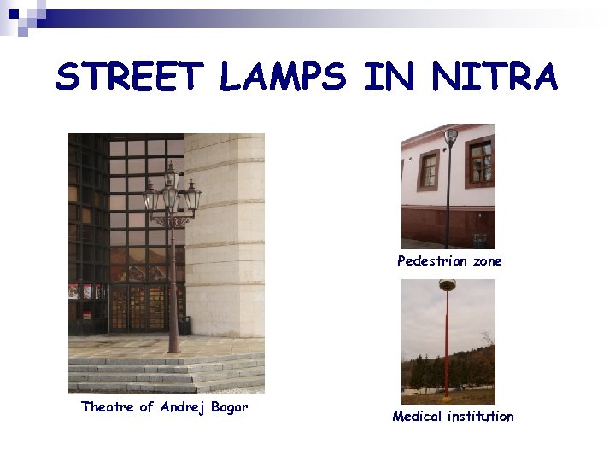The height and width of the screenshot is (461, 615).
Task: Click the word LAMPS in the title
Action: tap(283, 78)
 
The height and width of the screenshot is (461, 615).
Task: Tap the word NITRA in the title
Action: tap(495, 78)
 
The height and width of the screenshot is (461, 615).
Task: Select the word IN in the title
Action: tap(389, 78)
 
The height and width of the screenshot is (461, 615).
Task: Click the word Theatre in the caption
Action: tap(108, 407)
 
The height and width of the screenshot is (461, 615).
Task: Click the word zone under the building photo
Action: tap(487, 261)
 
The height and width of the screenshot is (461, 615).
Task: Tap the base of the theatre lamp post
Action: tap(173, 346)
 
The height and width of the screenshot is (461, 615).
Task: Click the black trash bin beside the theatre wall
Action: tap(185, 324)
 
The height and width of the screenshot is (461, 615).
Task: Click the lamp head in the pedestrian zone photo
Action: tap(451, 134)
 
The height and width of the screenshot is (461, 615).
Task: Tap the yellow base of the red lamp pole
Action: tap(447, 395)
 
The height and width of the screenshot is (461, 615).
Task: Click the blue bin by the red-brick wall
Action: tap(480, 240)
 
